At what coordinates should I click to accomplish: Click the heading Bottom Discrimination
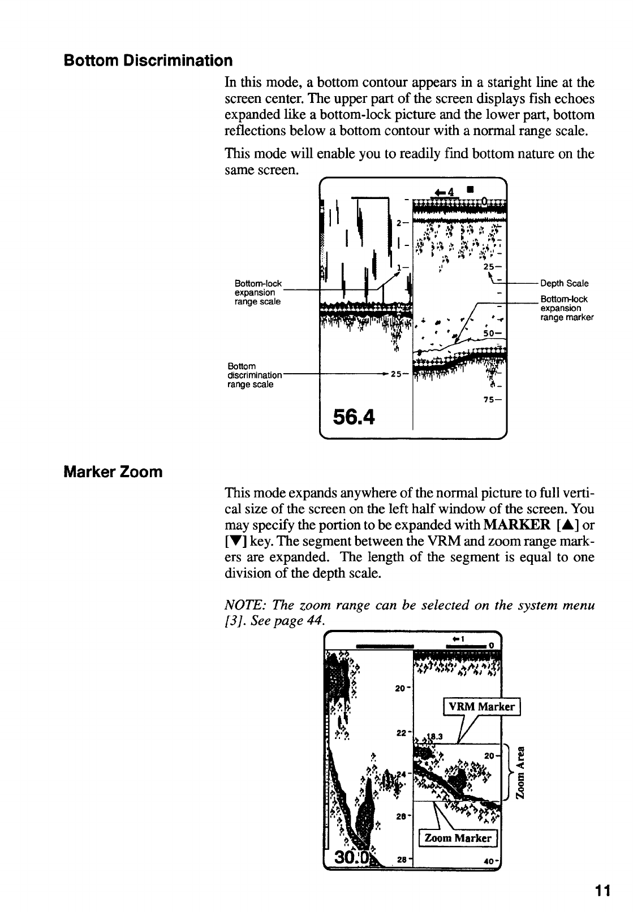click(x=148, y=60)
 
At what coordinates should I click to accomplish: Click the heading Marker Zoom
click(x=113, y=472)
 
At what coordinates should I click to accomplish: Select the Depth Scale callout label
click(x=564, y=283)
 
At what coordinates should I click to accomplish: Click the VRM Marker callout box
click(x=481, y=707)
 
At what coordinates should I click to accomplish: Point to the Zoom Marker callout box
click(x=457, y=838)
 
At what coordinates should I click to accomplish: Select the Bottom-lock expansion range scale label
click(x=257, y=292)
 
